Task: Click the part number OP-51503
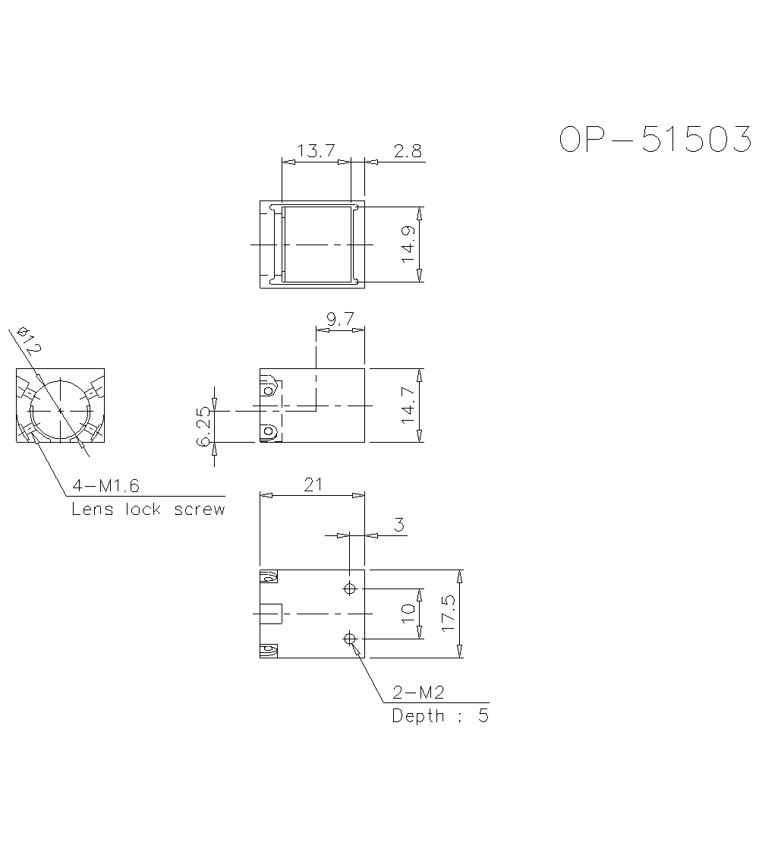click(655, 140)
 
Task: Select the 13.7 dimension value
click(316, 151)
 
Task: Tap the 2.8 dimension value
click(408, 151)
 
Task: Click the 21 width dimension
click(313, 485)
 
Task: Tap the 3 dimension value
click(398, 525)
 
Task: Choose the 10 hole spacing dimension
click(408, 614)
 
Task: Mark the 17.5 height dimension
click(449, 614)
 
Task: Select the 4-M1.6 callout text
click(106, 485)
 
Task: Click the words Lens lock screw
click(148, 509)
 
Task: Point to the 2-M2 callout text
click(417, 693)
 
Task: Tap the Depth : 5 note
click(440, 716)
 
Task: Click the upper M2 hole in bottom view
click(350, 589)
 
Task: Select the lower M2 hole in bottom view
click(350, 639)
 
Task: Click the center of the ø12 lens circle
click(60, 410)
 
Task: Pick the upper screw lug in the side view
click(268, 390)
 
